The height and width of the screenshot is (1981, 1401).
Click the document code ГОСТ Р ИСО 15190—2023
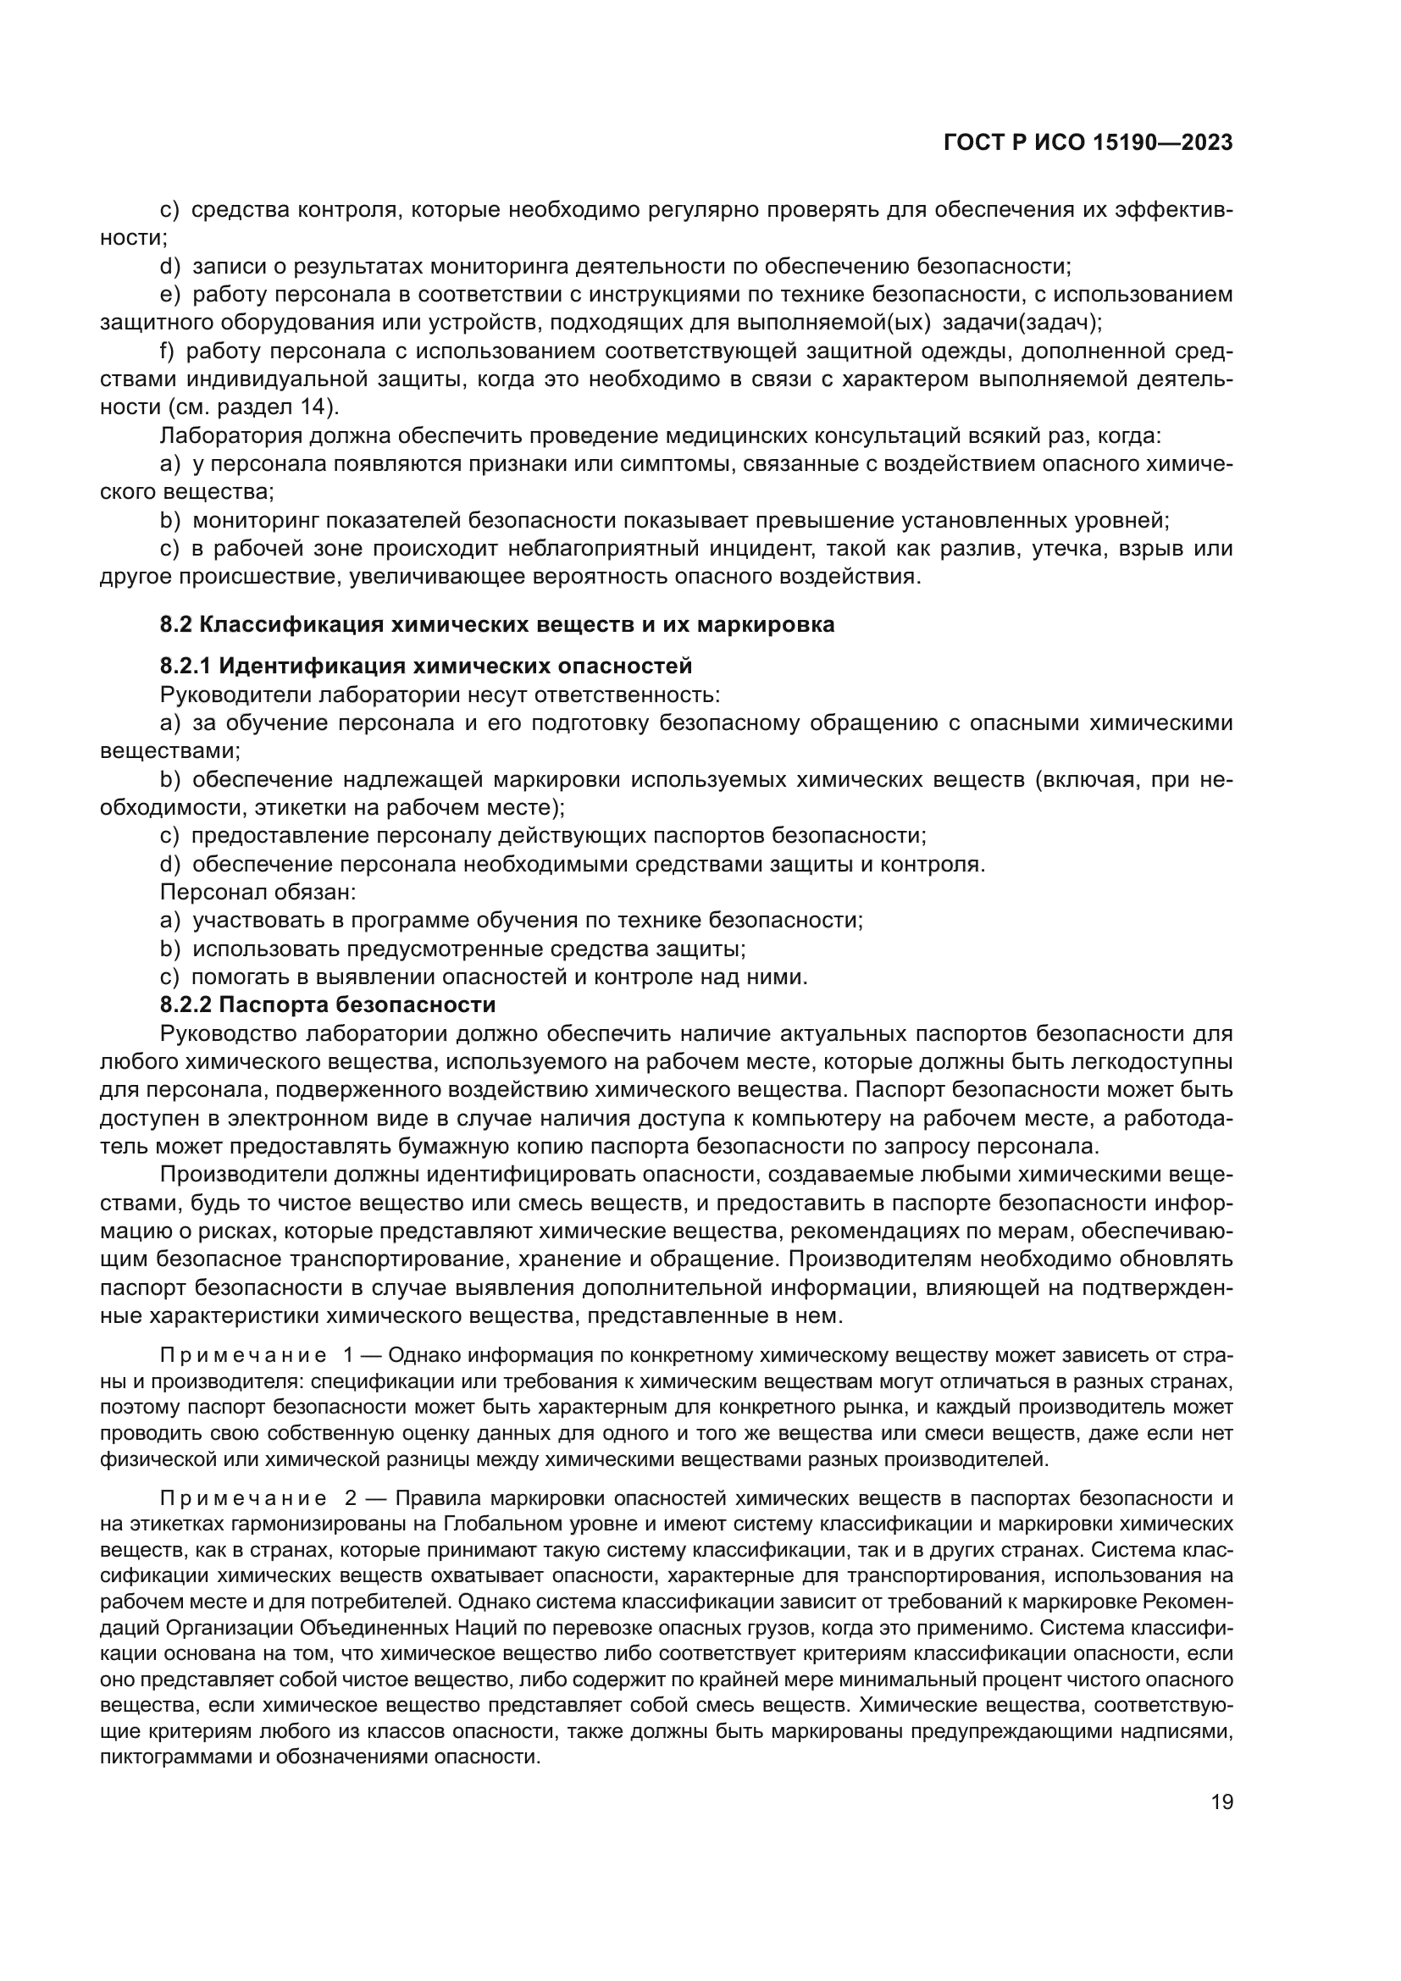tap(1088, 142)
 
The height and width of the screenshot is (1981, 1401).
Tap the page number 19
tap(1221, 1802)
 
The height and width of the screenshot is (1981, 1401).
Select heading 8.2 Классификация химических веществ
tap(497, 624)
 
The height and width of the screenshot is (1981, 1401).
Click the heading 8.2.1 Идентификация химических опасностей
tap(426, 666)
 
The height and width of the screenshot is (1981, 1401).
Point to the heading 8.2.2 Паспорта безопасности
tap(328, 1004)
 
